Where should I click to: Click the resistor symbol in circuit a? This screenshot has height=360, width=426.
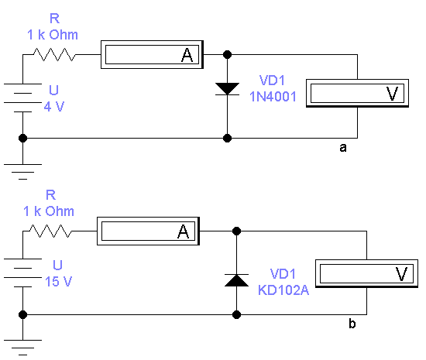pos(54,54)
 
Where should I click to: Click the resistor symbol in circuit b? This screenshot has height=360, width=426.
pos(50,231)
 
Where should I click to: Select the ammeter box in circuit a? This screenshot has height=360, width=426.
pos(152,54)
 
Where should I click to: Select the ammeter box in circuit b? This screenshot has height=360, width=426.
pos(149,231)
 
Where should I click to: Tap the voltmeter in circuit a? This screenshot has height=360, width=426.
pos(357,93)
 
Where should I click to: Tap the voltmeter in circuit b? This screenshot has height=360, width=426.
pos(367,273)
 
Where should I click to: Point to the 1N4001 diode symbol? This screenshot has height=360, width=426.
pos(227,89)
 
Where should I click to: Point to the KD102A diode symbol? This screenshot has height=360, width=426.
pos(237,280)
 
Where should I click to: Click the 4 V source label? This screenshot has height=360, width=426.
pos(53,106)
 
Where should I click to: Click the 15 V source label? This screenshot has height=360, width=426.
pos(58,281)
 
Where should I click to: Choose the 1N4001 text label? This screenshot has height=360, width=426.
pos(273,97)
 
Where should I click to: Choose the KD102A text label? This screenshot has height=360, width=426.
pos(283,290)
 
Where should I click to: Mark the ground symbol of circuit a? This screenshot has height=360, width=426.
pos(22,172)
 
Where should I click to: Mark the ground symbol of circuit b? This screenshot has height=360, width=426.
pos(22,348)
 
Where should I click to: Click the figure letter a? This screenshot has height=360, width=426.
pos(343,147)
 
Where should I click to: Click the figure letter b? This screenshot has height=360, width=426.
pos(352,324)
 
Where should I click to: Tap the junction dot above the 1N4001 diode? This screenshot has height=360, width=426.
pos(227,54)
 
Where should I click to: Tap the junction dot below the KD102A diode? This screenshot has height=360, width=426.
pos(237,314)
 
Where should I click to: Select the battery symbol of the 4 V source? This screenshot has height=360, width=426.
pos(22,98)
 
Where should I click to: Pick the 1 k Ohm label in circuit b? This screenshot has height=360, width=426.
pos(49,211)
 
